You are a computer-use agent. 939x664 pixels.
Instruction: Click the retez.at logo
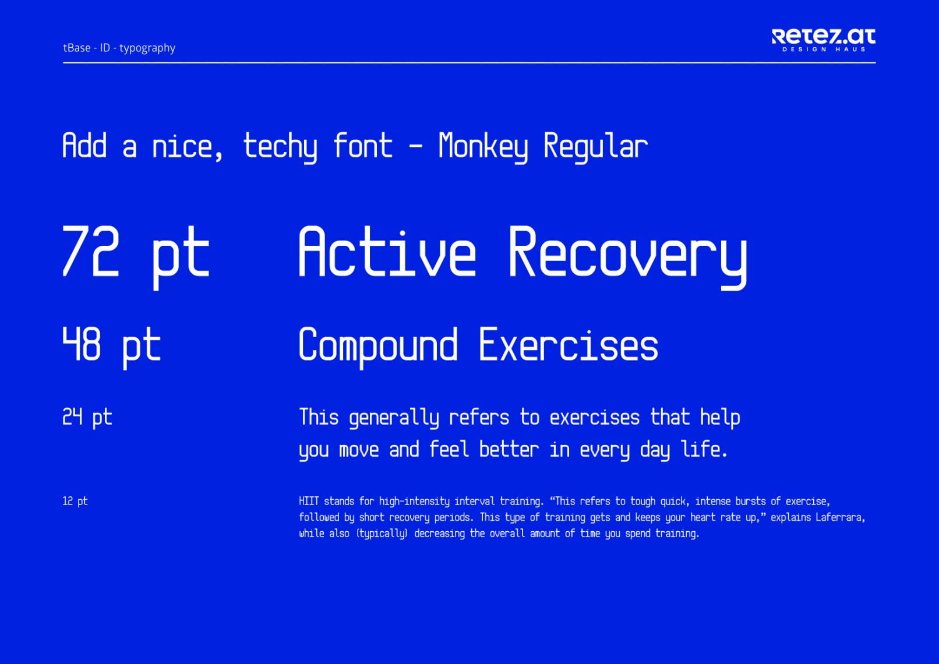tap(823, 40)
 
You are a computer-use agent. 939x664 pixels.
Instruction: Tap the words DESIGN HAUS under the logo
tap(824, 50)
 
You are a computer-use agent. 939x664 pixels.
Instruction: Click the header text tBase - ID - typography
tap(119, 48)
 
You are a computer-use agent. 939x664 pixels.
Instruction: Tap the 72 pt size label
tap(136, 257)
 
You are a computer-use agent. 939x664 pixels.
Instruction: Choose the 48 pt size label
tap(111, 348)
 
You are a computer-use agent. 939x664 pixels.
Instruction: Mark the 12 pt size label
tap(75, 501)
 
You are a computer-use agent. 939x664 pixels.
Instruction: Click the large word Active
tap(387, 251)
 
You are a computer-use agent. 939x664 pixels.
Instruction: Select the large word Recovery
tap(628, 257)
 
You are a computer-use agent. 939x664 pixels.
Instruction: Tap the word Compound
tap(377, 348)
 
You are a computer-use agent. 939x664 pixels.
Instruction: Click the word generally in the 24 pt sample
tap(394, 418)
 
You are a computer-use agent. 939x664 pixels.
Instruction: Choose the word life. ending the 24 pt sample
tap(704, 449)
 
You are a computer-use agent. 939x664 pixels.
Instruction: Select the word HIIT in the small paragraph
tap(309, 501)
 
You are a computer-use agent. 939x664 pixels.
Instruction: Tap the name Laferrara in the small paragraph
tap(841, 518)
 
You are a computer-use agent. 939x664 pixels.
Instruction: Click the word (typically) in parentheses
tap(382, 534)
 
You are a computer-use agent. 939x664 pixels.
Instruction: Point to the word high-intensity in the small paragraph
tap(414, 501)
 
